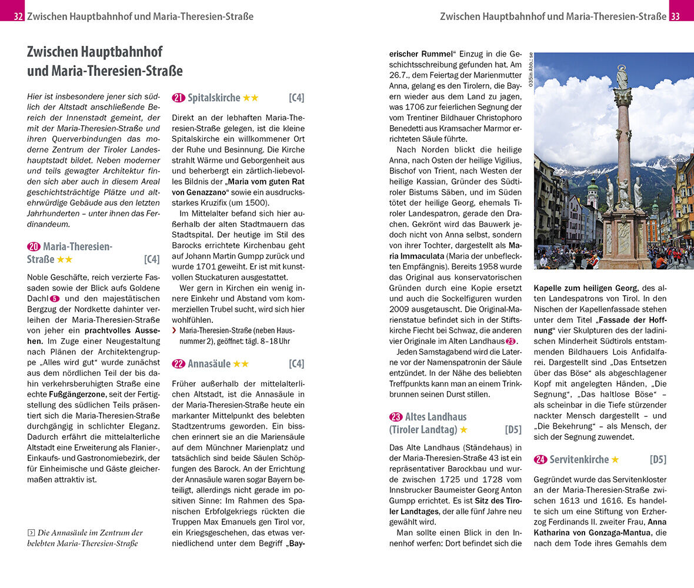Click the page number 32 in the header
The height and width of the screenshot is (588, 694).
pyautogui.click(x=18, y=16)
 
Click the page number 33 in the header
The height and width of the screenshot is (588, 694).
pyautogui.click(x=675, y=16)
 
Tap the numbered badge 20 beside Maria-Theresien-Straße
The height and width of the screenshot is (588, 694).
pyautogui.click(x=34, y=247)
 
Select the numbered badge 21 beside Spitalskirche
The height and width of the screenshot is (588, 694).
pyautogui.click(x=178, y=98)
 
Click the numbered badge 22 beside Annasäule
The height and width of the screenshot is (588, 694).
pyautogui.click(x=178, y=364)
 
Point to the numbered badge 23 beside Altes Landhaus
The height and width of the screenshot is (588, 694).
pyautogui.click(x=396, y=417)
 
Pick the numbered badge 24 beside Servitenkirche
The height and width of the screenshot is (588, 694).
pyautogui.click(x=540, y=459)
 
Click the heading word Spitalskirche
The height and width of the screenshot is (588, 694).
pyautogui.click(x=213, y=98)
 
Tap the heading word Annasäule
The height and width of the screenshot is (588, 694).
pyautogui.click(x=209, y=364)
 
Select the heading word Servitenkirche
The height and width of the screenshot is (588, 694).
pyautogui.click(x=579, y=459)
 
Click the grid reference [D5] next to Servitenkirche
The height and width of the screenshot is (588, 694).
pyautogui.click(x=658, y=459)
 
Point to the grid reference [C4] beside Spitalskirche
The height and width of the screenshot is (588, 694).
pyautogui.click(x=296, y=98)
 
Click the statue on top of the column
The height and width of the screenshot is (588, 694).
pyautogui.click(x=622, y=76)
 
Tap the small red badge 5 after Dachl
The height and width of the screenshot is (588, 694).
pyautogui.click(x=55, y=299)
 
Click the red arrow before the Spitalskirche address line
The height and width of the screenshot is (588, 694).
pyautogui.click(x=174, y=330)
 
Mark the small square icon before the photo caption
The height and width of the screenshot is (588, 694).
pyautogui.click(x=31, y=533)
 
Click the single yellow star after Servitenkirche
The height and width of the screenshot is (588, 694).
pyautogui.click(x=615, y=459)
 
